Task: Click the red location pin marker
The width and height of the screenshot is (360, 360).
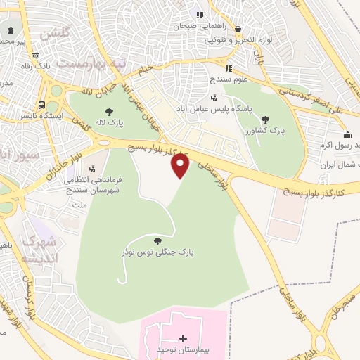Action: pyautogui.click(x=181, y=166)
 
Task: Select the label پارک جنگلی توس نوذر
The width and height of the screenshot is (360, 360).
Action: pyautogui.click(x=156, y=251)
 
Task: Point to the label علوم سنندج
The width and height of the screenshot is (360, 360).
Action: pyautogui.click(x=230, y=79)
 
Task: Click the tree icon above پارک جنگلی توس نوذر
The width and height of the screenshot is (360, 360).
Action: pyautogui.click(x=156, y=240)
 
